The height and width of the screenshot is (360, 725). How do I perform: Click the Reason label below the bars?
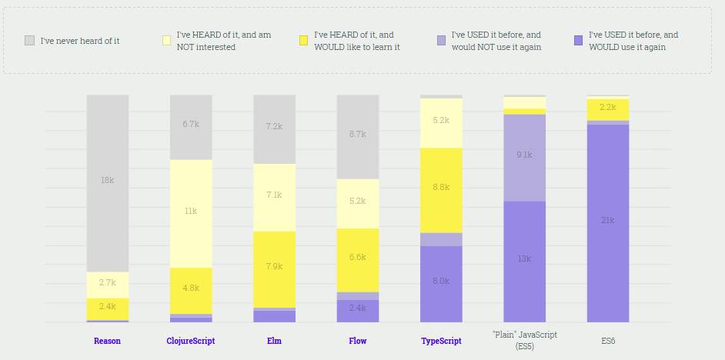[107, 341]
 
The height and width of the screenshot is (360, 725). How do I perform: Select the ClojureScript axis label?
[191, 341]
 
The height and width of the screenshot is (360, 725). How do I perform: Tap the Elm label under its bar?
[274, 341]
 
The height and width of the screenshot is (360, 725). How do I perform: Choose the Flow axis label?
[357, 341]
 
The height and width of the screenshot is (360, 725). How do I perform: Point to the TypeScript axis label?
[441, 341]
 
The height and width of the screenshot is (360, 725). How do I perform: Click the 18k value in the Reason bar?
[107, 180]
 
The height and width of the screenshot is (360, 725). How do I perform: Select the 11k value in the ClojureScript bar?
[191, 211]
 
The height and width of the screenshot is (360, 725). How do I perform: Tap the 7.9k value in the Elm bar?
[274, 266]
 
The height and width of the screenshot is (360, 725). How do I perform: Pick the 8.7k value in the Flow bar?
[357, 134]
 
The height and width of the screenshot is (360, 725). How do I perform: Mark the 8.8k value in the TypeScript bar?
[441, 187]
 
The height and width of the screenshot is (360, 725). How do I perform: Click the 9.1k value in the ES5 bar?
[524, 155]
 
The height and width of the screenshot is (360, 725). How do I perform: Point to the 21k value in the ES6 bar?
[607, 220]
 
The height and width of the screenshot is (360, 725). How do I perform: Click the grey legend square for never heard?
[29, 40]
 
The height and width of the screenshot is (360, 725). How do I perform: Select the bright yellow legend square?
[303, 40]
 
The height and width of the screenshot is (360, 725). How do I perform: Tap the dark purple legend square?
[578, 40]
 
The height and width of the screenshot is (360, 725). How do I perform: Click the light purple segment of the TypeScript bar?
[441, 239]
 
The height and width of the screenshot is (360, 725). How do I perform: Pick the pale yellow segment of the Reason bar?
[107, 283]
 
